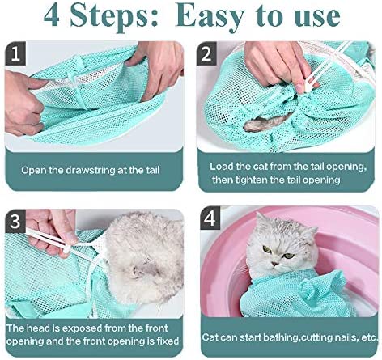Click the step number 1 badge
(16, 54)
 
